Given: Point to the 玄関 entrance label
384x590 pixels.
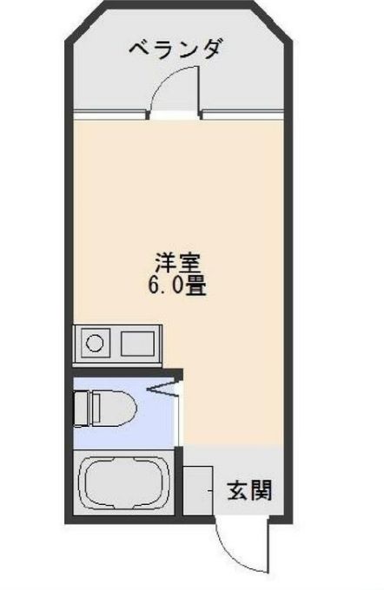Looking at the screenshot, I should tap(249, 491).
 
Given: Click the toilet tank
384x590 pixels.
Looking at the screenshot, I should tap(81, 405).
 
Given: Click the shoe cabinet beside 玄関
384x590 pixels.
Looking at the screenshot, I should tap(199, 489).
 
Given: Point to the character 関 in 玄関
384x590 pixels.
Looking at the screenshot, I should tap(262, 491).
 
